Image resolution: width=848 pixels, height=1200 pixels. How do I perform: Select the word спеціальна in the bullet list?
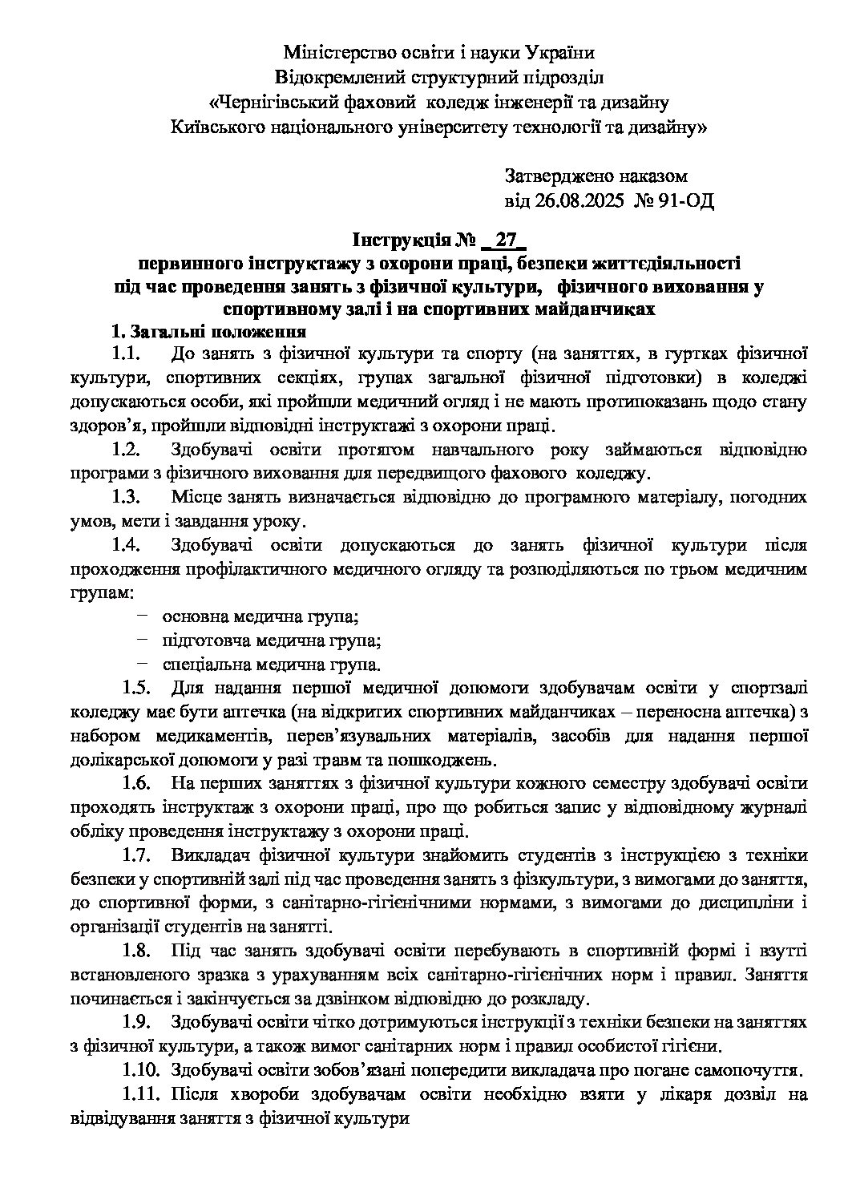(x=207, y=665)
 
